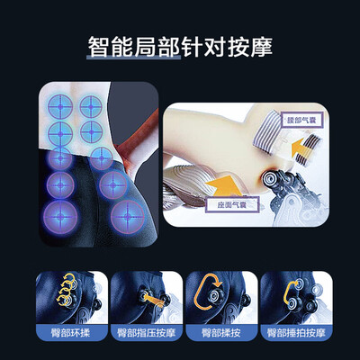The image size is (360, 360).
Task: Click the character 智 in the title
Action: point(98,47)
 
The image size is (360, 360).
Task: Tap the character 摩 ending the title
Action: point(262,47)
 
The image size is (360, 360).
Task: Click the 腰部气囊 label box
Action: point(300,121)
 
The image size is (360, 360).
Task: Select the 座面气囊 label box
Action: point(232,205)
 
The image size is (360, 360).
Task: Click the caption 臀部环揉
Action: point(71,333)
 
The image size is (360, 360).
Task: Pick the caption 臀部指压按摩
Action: point(147,333)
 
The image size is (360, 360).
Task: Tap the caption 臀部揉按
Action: point(221,333)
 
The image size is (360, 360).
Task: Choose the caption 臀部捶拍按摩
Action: point(296,333)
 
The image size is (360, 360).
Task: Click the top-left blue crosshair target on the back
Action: point(60,107)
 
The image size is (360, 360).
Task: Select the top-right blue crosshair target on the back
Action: point(91,106)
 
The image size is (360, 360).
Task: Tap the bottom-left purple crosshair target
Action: point(60,216)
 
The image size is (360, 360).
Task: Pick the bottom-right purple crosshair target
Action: point(128,216)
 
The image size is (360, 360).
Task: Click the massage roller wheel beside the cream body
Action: point(271,178)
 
